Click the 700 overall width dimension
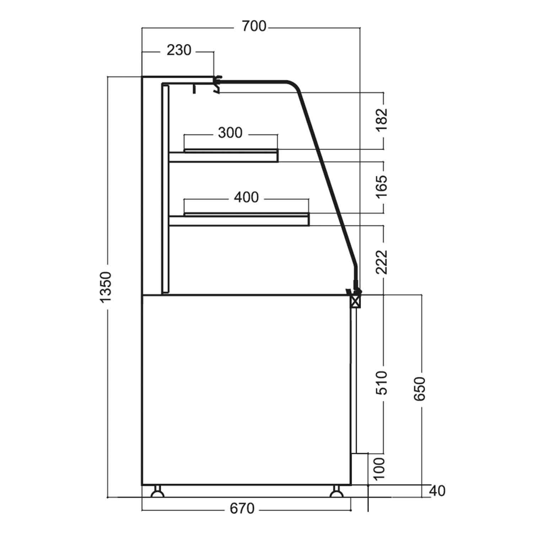coord(254,26)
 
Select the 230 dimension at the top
coord(179,50)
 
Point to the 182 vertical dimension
coord(381,119)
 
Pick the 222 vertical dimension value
coord(381,262)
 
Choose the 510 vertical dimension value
coord(381,383)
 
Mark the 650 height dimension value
coord(420,389)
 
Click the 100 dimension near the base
coord(379,468)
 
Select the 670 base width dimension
coord(242,508)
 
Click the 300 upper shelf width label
coord(230,133)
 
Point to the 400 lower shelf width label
coord(246,197)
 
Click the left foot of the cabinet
coord(157,491)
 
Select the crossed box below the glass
coord(355,302)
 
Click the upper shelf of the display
coord(224,156)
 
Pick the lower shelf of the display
coord(239,220)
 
